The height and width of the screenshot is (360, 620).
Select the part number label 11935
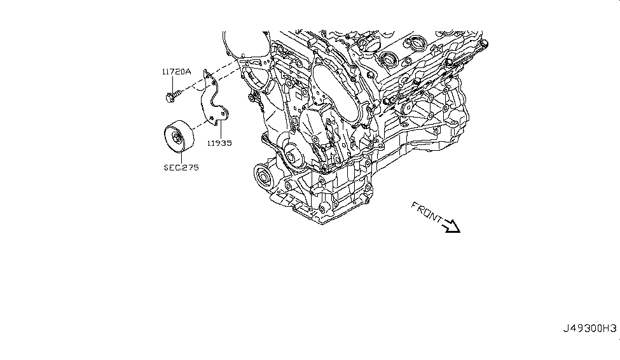coord(218,143)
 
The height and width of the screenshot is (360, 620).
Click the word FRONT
coord(426,212)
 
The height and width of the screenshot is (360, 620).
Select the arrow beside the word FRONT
coord(451,226)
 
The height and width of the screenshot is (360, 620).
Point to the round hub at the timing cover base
coord(293,154)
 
